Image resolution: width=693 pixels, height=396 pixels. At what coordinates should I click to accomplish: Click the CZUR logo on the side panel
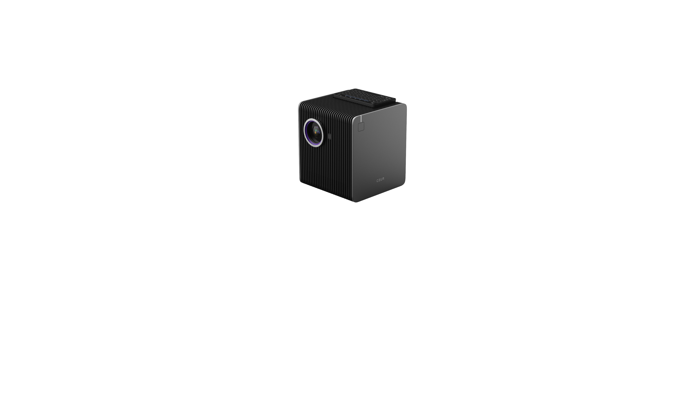380,180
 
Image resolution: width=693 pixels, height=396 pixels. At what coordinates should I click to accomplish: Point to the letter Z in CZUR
379,180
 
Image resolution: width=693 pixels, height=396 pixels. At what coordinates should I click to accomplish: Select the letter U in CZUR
381,180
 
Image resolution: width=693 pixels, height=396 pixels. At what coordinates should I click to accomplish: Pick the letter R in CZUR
383,179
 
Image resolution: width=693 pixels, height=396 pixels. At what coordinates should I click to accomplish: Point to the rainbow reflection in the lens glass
317,132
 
